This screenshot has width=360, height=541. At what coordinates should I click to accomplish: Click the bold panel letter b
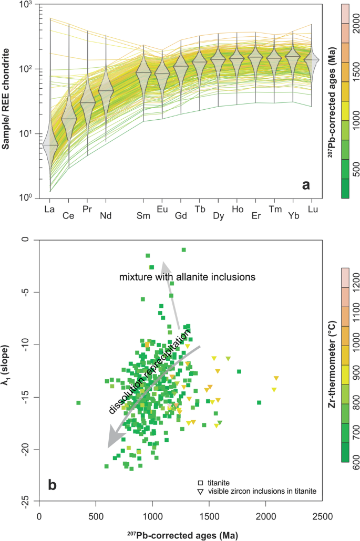53,485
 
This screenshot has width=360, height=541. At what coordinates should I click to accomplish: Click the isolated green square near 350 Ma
78,403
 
